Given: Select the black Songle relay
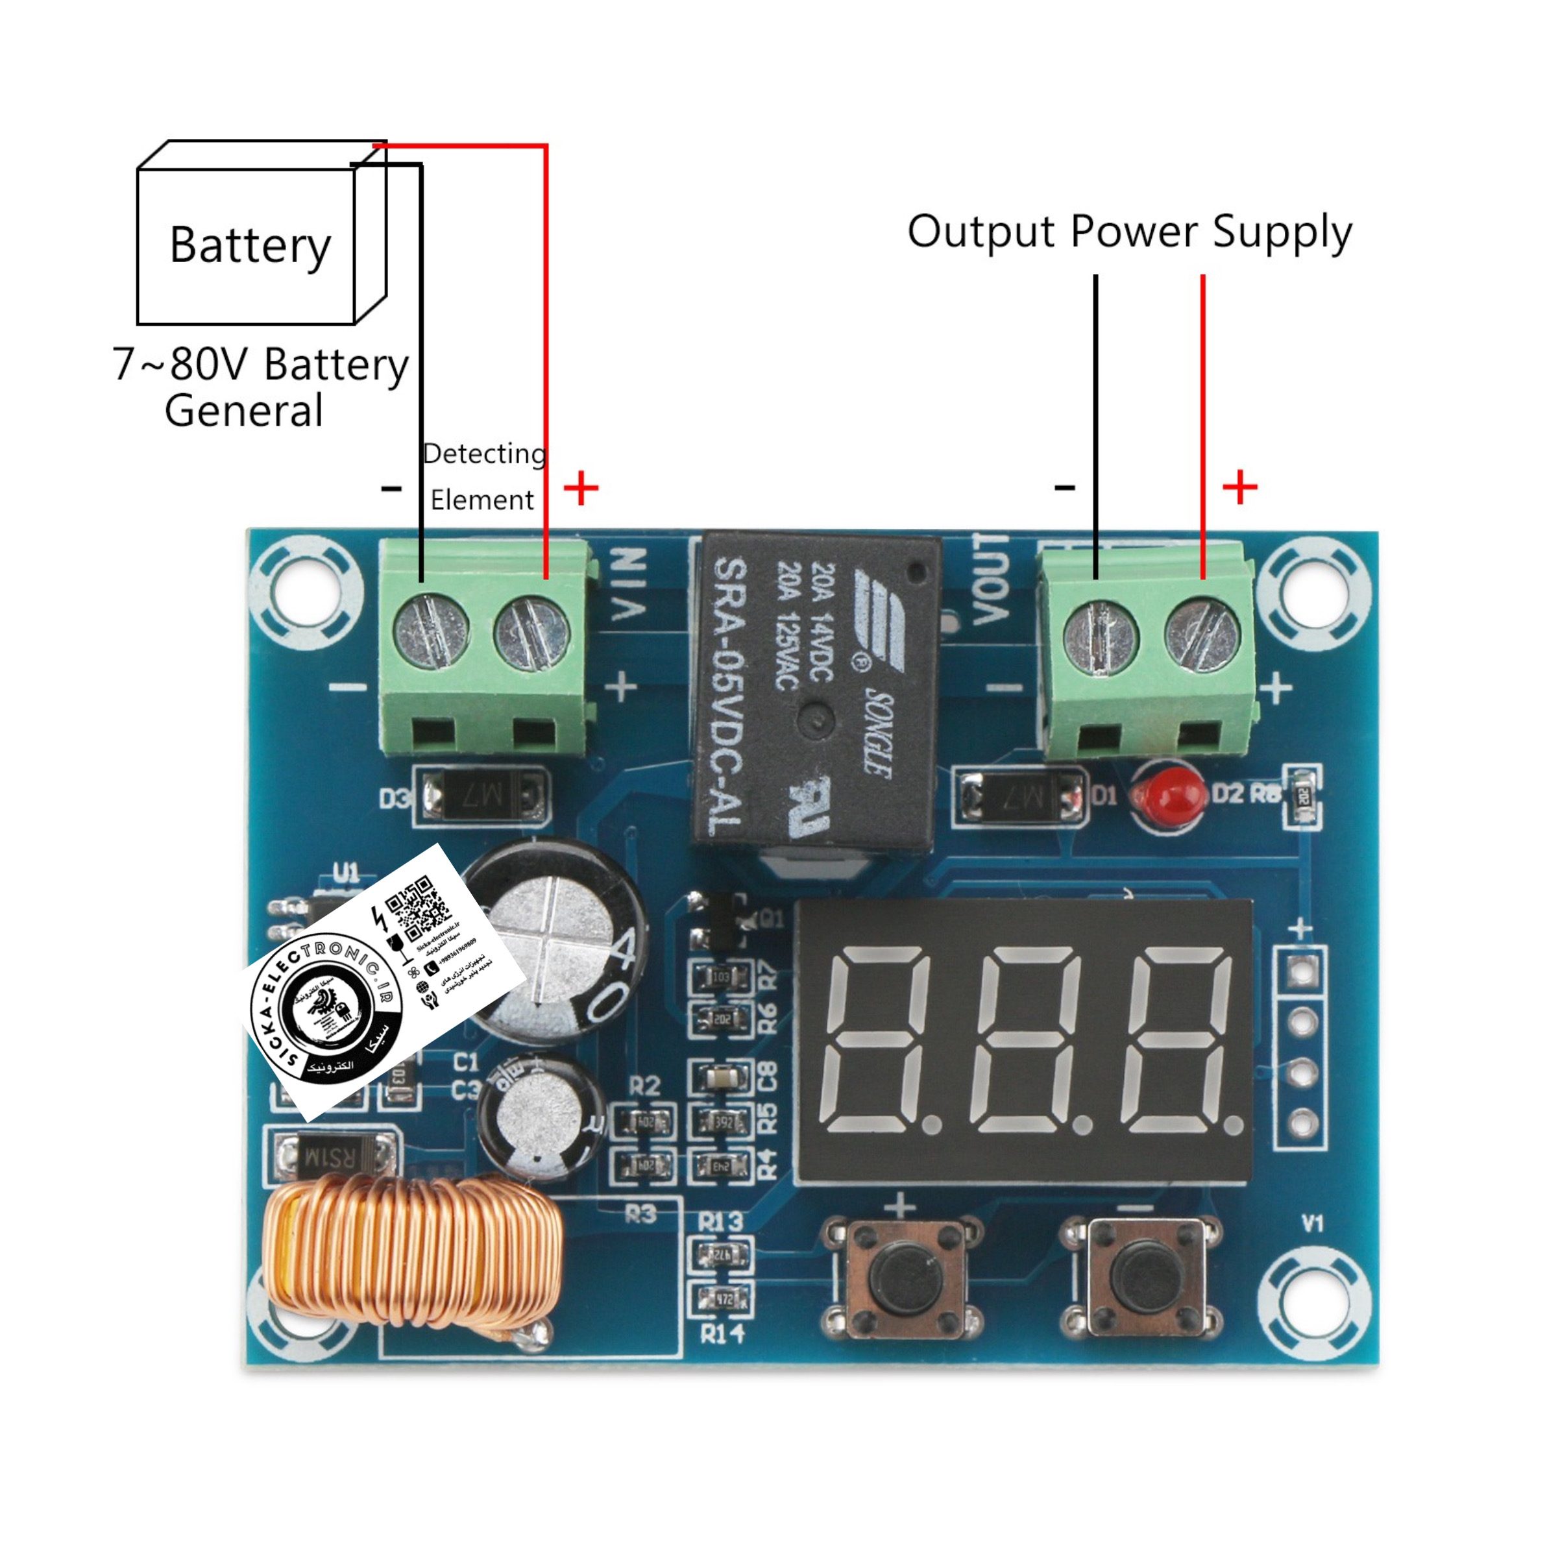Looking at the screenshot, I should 815,690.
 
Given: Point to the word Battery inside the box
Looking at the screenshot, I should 250,245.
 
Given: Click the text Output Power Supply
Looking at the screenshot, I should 1129,232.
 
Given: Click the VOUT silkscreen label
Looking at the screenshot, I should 990,578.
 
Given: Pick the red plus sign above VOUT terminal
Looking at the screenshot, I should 1239,487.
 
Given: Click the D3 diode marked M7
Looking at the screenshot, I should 480,797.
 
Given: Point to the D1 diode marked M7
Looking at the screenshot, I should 1019,797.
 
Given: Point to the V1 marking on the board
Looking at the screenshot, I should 1312,1223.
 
